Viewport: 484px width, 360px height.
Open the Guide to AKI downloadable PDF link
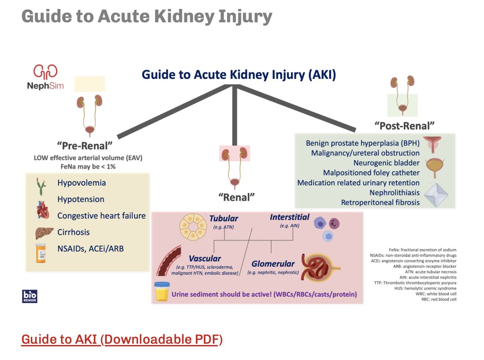coord(121,339)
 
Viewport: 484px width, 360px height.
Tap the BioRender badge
coord(29,295)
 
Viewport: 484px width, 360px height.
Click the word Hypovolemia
coord(81,183)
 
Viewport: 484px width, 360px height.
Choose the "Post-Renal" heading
coord(407,126)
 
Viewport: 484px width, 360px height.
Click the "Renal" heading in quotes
coord(237,197)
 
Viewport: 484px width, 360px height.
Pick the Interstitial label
coord(290,217)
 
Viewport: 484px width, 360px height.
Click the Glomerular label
coord(273,264)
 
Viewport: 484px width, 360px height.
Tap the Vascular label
coord(205,258)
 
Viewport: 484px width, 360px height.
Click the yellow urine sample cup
coord(163,292)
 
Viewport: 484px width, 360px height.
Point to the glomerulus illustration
coord(323,267)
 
